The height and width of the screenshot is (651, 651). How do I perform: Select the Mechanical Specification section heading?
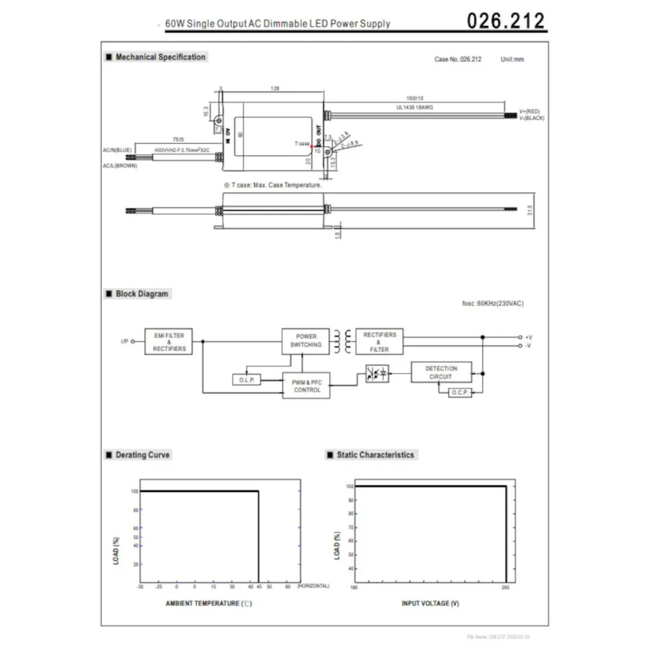(x=159, y=57)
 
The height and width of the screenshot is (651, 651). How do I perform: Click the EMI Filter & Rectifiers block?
(x=169, y=342)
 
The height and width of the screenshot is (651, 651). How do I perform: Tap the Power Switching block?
(x=305, y=341)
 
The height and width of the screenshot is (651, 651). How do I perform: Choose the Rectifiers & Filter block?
(x=379, y=342)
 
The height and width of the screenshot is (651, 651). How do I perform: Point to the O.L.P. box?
(x=246, y=380)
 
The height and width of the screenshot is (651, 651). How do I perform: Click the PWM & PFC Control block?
(x=307, y=386)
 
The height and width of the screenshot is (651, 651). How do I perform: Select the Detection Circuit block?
(x=441, y=372)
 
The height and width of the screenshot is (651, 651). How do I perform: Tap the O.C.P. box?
(x=460, y=393)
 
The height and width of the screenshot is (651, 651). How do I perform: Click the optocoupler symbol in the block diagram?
(x=377, y=374)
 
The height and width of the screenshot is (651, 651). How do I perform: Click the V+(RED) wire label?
(x=529, y=111)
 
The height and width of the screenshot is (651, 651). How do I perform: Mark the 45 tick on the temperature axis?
(x=259, y=587)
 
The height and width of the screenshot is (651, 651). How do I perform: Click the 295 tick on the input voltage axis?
(x=506, y=587)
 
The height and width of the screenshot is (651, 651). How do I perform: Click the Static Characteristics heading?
(x=374, y=455)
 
